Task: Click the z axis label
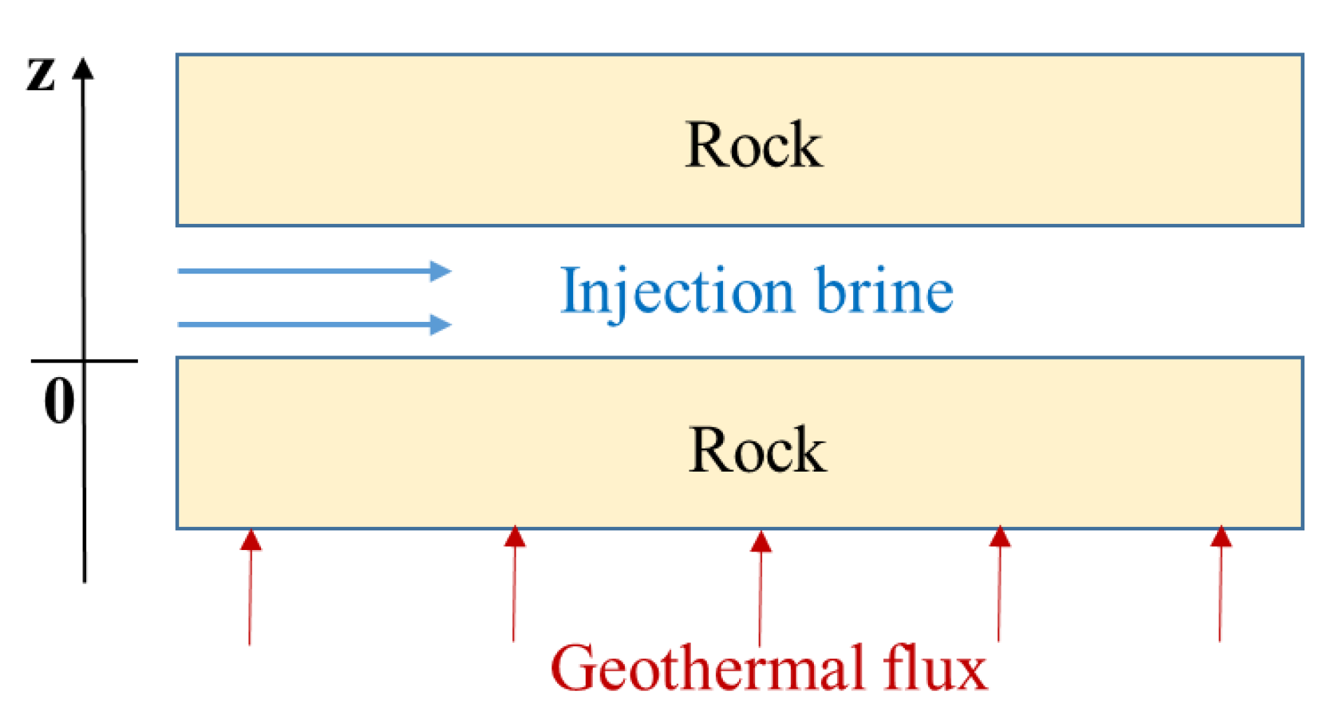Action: pos(41,74)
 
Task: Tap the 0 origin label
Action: pos(59,400)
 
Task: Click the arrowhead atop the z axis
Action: pos(83,69)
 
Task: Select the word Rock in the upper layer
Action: pos(753,145)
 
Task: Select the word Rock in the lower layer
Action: pos(757,449)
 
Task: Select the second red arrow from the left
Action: pos(514,584)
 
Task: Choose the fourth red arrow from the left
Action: pos(999,584)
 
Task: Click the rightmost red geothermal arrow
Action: pos(1221,584)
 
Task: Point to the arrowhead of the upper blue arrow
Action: pos(440,271)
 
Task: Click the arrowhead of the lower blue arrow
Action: pos(440,325)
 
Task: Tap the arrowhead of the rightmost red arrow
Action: pos(1221,537)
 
